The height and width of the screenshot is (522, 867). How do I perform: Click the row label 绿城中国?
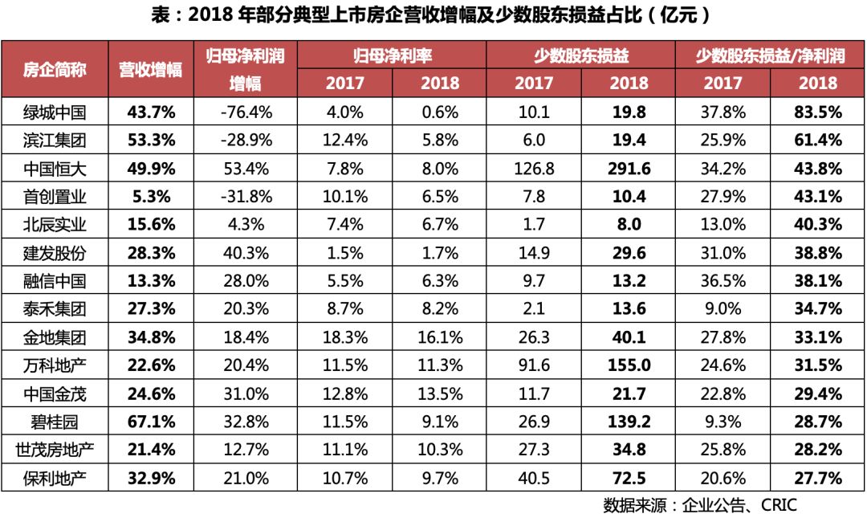(55, 112)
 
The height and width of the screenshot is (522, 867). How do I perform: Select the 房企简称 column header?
(55, 69)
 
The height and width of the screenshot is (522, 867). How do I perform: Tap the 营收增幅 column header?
(151, 69)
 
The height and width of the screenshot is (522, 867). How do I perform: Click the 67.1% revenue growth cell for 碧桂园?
(151, 422)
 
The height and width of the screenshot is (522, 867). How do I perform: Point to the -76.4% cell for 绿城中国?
(246, 112)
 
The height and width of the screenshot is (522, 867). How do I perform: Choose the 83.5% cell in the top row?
(818, 112)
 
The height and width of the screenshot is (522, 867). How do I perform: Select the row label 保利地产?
(55, 479)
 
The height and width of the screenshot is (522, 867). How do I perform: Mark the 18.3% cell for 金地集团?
(346, 337)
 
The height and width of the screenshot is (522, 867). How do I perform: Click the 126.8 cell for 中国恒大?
(534, 169)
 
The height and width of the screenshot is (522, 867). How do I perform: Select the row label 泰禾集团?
(55, 309)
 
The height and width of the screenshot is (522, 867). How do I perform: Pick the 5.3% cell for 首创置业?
(151, 197)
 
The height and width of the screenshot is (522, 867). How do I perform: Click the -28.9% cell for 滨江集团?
(246, 140)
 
